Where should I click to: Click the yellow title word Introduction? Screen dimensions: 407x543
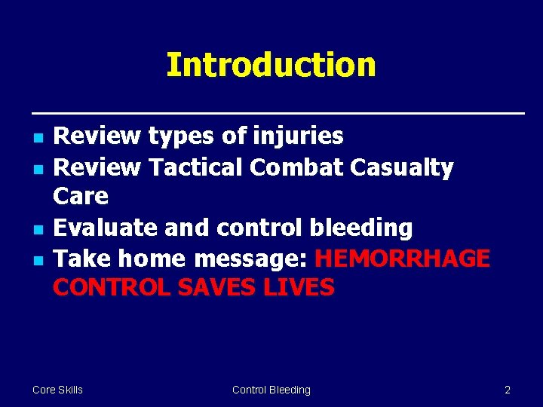[271, 65]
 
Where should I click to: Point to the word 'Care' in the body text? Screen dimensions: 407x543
[81, 197]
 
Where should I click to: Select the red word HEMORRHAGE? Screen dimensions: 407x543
[402, 259]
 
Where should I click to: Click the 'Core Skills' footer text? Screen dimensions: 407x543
[57, 390]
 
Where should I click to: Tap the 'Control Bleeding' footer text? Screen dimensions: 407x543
[271, 390]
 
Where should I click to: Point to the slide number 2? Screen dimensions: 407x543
[507, 390]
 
